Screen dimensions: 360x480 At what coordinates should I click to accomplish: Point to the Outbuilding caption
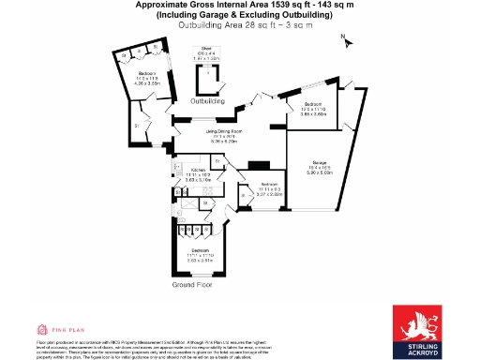tap(207, 99)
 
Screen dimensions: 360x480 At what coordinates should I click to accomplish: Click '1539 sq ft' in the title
tap(269, 7)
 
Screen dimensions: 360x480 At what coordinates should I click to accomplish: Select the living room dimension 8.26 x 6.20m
tap(225, 143)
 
